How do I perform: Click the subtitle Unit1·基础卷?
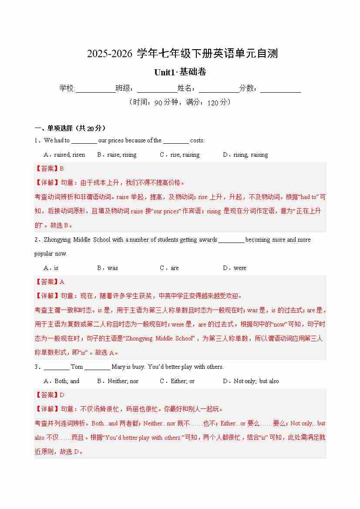tap(180, 72)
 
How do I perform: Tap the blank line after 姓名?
tap(219, 89)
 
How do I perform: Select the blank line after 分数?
tap(280, 89)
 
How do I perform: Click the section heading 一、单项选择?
tap(70, 128)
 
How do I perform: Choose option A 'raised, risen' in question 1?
tap(64, 155)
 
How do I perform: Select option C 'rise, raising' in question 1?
tap(179, 155)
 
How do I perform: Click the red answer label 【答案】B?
tap(49, 169)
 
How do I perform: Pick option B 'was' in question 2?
tap(108, 268)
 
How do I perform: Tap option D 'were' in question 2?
tap(235, 268)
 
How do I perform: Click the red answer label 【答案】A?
tap(49, 282)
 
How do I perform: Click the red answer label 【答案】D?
tap(49, 395)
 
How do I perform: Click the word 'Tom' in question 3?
tap(77, 367)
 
